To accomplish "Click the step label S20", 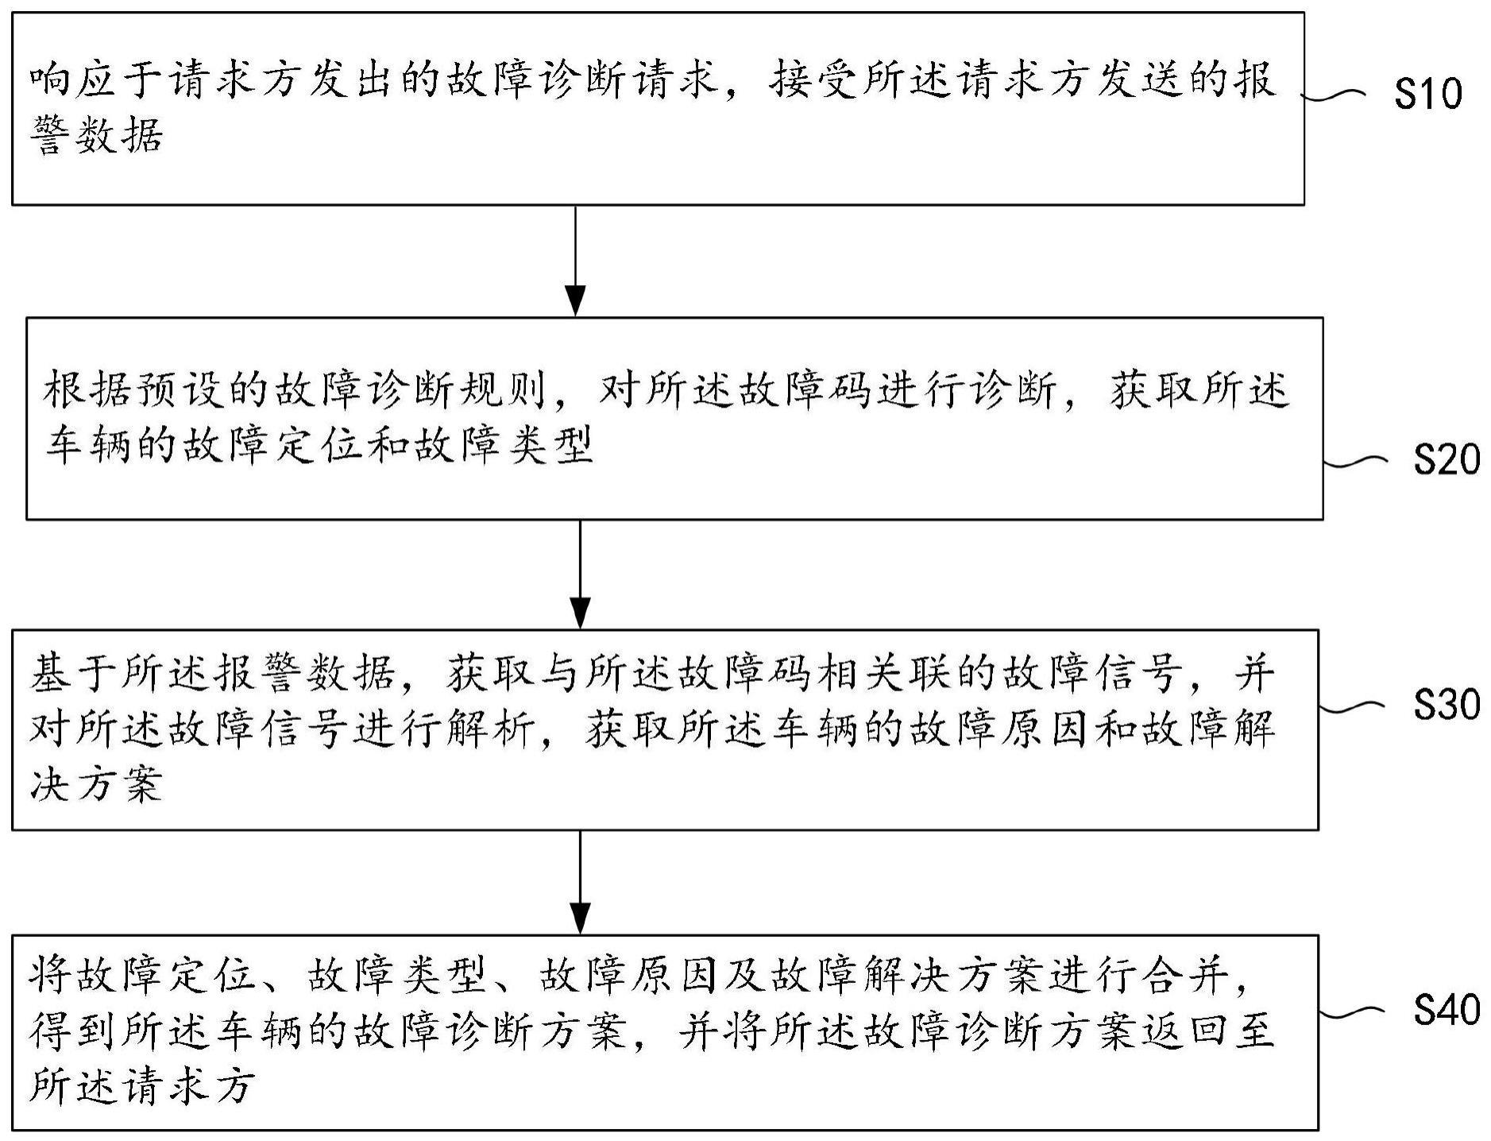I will point(1446,460).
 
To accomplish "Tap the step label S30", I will point(1446,705).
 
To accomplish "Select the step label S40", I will point(1446,1010).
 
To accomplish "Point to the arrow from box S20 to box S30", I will point(581,574).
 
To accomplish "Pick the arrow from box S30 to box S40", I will point(581,883).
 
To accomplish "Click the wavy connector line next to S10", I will point(1338,97).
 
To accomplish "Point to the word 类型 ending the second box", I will point(548,446).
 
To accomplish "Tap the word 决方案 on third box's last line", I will point(97,785).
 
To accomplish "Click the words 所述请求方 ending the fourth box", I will point(143,1085).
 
